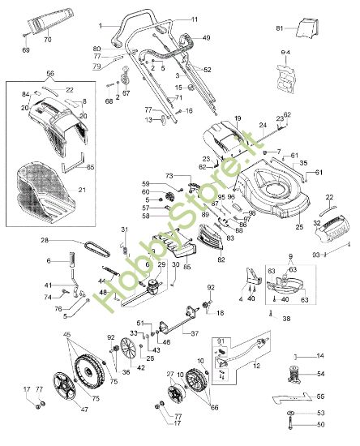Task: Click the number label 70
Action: point(47,39)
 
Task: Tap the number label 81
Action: point(280,29)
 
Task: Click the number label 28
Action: point(45,241)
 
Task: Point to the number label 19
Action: point(238,119)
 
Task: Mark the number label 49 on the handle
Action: point(206,38)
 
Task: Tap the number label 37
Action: point(194,332)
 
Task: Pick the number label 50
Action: point(319,424)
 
